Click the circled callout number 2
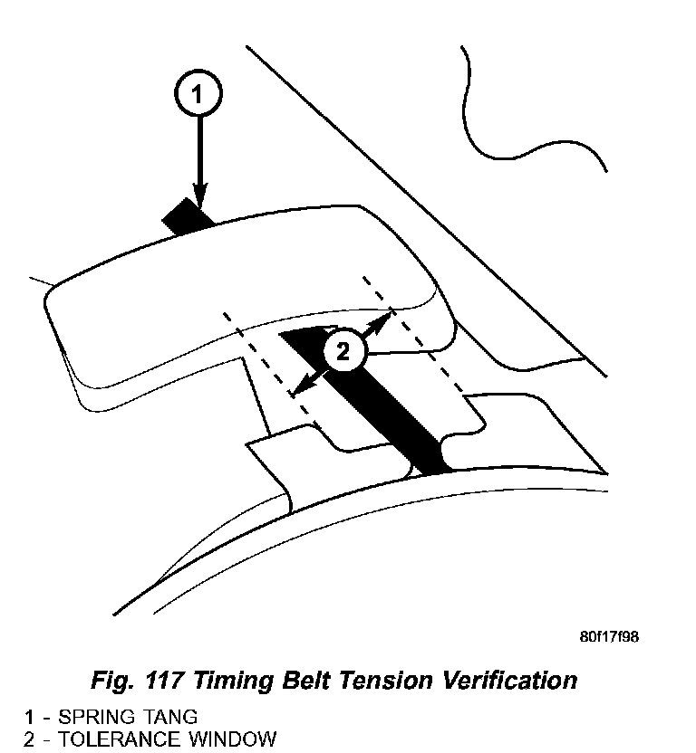(343, 351)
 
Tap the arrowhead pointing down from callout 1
(199, 194)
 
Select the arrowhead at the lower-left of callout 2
(299, 388)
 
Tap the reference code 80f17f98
(609, 636)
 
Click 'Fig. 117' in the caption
(135, 680)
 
